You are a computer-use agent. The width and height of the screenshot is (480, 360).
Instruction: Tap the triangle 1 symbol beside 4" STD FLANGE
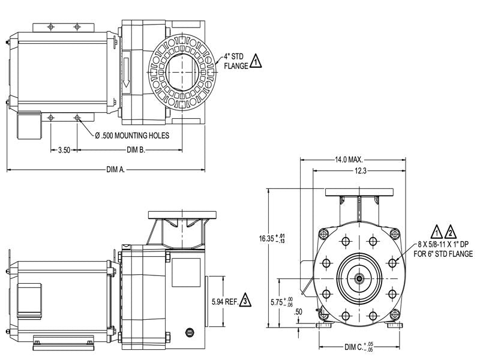256,62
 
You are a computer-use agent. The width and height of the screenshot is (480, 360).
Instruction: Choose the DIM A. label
115,170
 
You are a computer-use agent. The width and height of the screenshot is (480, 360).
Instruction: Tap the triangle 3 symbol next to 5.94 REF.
244,301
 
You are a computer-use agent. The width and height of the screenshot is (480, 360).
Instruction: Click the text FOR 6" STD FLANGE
443,254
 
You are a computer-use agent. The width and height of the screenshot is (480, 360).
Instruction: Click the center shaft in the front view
358,278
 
